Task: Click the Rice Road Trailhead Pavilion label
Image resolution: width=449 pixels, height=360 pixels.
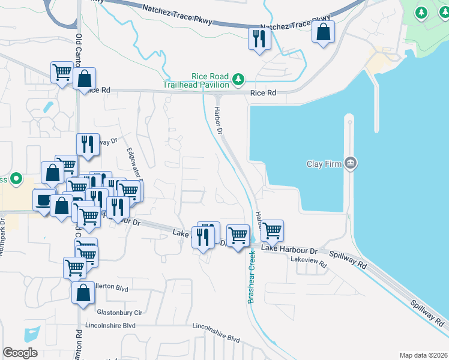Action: tap(196, 80)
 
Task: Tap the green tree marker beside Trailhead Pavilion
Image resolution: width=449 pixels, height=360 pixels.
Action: tap(239, 79)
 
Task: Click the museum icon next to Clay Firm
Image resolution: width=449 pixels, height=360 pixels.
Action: tap(351, 163)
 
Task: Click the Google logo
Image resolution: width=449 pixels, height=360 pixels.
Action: tap(20, 353)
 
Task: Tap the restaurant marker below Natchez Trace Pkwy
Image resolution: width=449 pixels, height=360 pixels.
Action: tap(259, 40)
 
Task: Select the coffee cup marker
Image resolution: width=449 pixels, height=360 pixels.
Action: tap(43, 200)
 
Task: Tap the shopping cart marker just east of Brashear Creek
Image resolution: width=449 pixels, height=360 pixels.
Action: tap(272, 230)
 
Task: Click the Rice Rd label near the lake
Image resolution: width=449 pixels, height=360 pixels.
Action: tap(263, 93)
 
